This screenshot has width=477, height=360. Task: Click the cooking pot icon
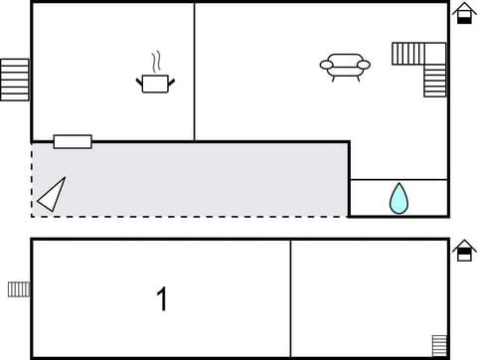click(x=155, y=84)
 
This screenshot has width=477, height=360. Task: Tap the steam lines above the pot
click(x=155, y=62)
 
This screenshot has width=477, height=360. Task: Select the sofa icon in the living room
click(x=345, y=66)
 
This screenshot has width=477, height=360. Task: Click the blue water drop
click(x=398, y=198)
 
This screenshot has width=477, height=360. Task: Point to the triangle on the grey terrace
click(x=52, y=194)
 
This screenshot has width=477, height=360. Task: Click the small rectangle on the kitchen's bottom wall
click(x=73, y=141)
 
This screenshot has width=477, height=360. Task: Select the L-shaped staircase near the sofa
click(x=422, y=66)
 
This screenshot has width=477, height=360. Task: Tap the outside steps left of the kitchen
click(x=15, y=80)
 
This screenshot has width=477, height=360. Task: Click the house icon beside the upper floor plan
click(x=463, y=13)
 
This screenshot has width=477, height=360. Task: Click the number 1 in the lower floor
click(x=162, y=298)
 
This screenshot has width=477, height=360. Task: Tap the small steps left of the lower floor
click(x=19, y=288)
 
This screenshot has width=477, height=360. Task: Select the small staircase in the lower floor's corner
click(x=439, y=345)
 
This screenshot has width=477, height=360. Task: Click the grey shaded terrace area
click(x=199, y=179)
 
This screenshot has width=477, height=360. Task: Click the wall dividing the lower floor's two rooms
click(x=290, y=298)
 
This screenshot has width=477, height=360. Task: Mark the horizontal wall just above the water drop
click(x=398, y=180)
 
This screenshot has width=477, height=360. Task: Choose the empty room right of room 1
click(x=368, y=298)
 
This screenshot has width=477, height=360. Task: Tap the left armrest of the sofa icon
click(x=325, y=66)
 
